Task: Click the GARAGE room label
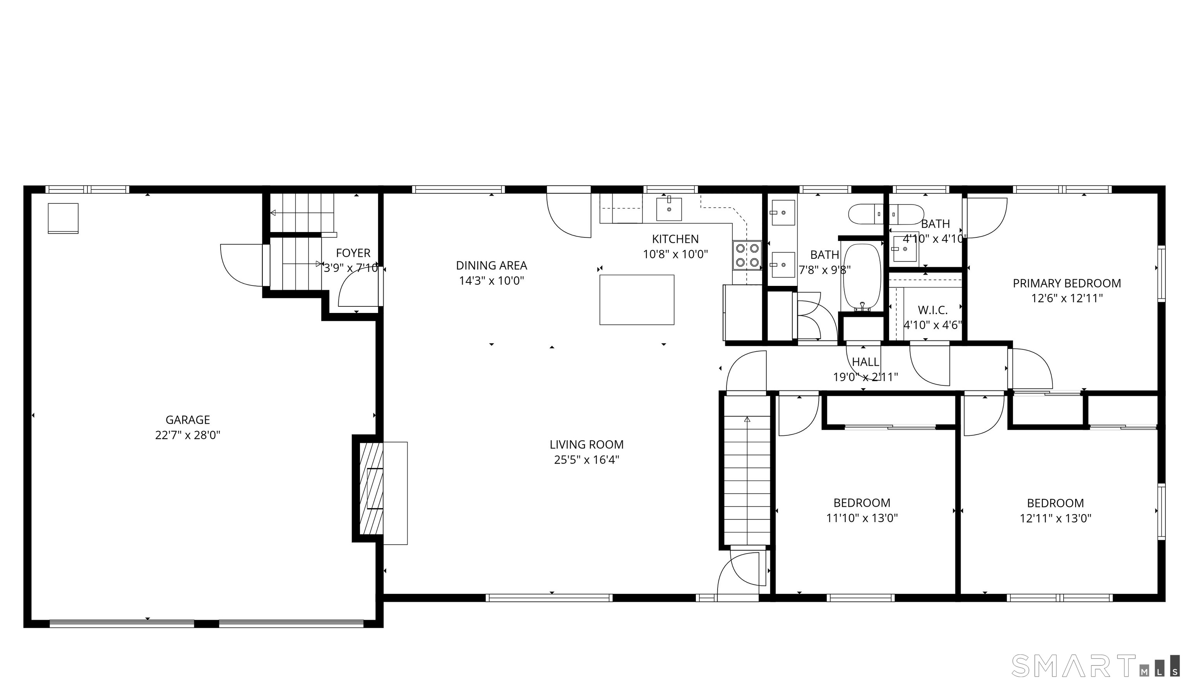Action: click(187, 420)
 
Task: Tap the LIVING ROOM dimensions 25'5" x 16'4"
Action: click(586, 459)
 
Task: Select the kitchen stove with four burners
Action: click(747, 255)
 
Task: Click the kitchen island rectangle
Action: click(636, 300)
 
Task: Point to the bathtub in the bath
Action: click(862, 277)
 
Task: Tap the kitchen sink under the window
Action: click(669, 209)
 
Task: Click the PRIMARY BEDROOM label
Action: click(1067, 283)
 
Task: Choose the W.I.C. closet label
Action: click(932, 310)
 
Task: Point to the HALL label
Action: click(865, 362)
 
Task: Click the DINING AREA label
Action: click(492, 265)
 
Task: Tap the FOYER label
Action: click(353, 253)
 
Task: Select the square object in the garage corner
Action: click(63, 218)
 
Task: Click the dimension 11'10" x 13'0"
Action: click(862, 518)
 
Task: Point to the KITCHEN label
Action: click(675, 239)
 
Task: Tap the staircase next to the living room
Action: click(747, 471)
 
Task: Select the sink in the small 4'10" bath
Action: click(904, 248)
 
